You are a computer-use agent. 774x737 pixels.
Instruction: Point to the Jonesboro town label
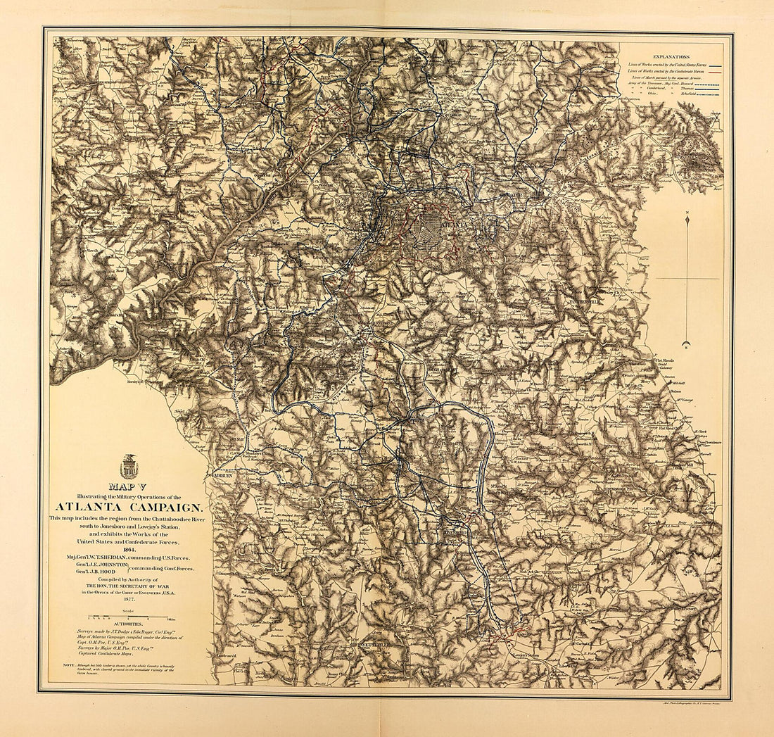459,534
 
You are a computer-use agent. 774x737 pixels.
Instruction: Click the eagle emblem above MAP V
129,466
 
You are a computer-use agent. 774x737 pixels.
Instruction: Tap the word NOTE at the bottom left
68,664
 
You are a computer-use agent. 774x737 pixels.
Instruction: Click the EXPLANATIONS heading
671,56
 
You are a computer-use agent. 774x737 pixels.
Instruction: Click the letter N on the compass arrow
686,212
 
